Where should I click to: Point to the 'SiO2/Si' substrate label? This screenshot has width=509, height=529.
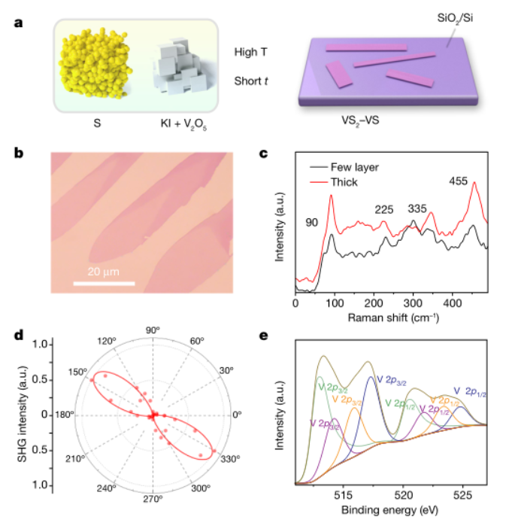(456, 27)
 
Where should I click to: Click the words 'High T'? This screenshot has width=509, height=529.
(250, 53)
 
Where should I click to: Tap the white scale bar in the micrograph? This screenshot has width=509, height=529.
(104, 284)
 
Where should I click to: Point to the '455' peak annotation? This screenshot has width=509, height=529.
(459, 181)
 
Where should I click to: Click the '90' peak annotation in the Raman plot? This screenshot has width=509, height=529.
(312, 223)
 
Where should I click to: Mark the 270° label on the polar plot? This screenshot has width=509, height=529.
(153, 498)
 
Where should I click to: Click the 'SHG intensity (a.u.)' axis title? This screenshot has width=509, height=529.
(22, 414)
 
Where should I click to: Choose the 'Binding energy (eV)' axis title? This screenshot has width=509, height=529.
(391, 512)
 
